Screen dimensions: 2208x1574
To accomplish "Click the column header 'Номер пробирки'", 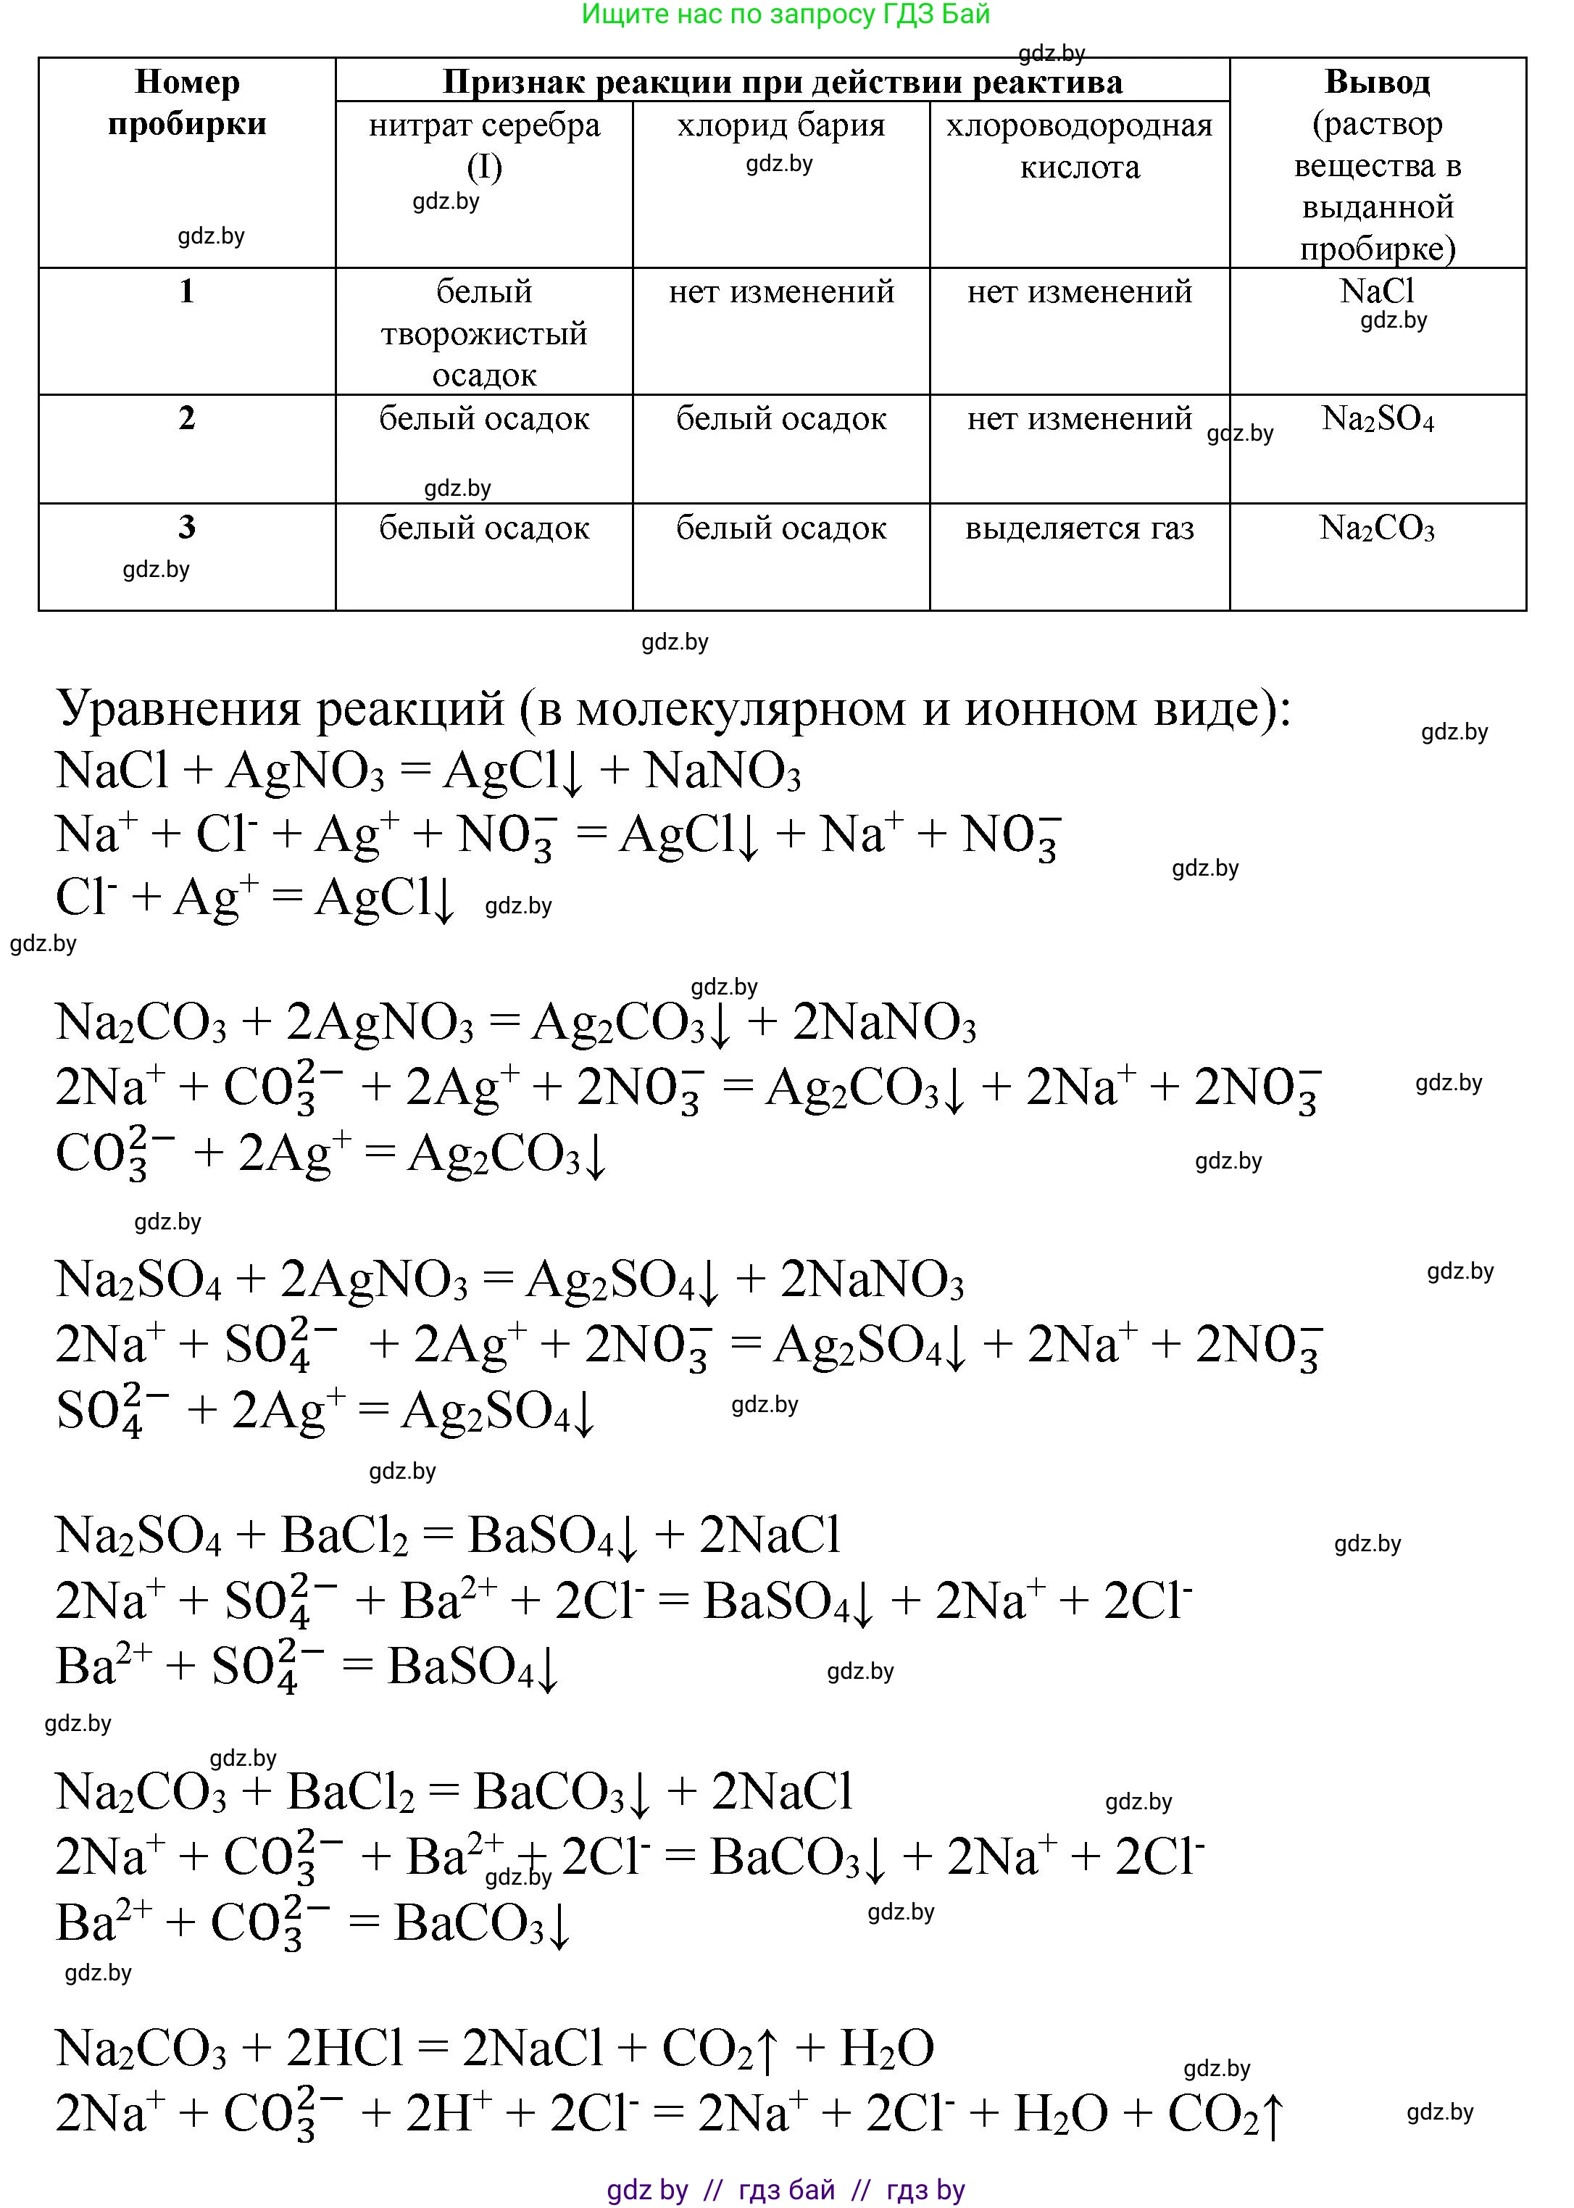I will (x=187, y=103).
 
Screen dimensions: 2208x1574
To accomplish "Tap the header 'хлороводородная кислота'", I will (x=1079, y=146).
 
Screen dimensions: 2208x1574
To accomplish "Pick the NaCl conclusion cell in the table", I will (x=1376, y=291).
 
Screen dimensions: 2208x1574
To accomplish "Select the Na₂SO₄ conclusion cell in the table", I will (x=1377, y=420).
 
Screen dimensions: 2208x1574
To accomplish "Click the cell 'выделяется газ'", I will (x=1079, y=528).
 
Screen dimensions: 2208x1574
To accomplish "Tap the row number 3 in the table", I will (x=187, y=527).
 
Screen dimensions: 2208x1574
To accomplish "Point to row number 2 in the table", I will (x=187, y=419).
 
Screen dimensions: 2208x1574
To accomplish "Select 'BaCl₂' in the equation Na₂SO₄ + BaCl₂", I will (x=344, y=1536).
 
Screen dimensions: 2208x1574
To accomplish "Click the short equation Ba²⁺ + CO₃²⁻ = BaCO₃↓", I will (x=313, y=1923).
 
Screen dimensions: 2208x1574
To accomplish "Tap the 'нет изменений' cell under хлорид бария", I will (x=781, y=291).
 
